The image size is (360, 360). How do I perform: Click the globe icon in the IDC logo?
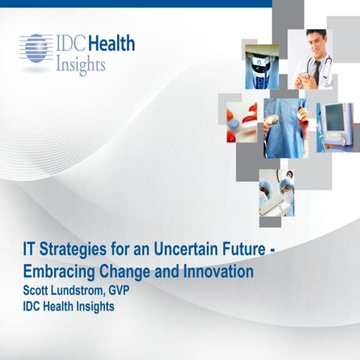[34, 47]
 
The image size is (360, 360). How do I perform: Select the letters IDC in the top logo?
[70, 43]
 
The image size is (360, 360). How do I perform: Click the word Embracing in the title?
[55, 271]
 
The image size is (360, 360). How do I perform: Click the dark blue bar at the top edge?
[135, 3]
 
